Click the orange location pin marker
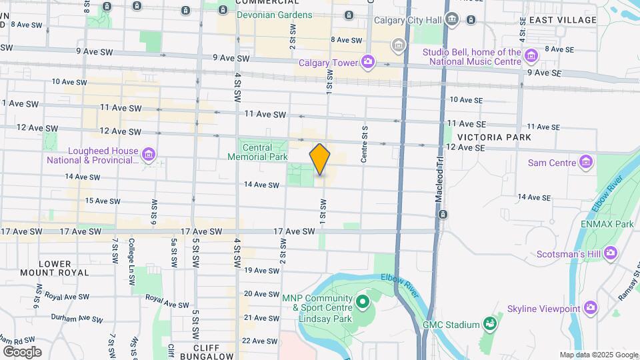click(320, 159)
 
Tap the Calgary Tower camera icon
click(368, 63)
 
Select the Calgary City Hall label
click(408, 20)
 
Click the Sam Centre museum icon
click(586, 162)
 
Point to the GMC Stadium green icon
click(490, 325)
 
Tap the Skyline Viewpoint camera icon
click(591, 307)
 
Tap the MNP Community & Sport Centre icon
click(363, 303)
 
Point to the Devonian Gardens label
click(274, 15)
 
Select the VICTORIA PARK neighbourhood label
click(493, 137)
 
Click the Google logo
click(22, 351)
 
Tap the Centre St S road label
click(365, 143)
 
